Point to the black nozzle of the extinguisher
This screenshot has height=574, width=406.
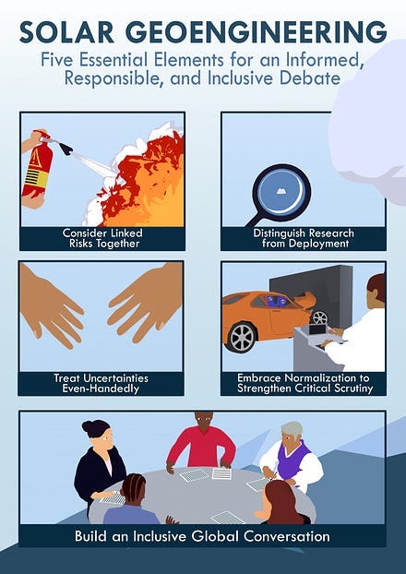click(66, 149)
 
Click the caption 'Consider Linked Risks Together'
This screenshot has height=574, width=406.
click(102, 238)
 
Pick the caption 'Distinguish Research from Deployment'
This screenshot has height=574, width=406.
click(304, 238)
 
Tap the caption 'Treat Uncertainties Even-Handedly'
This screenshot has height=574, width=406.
click(101, 383)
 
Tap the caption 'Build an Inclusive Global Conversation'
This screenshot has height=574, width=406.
click(202, 536)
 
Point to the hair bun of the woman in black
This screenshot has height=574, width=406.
click(87, 426)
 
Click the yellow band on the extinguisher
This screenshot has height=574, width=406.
click(36, 178)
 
